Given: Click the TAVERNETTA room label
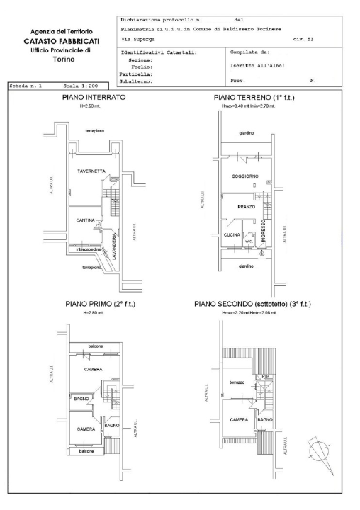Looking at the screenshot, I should point(91,171).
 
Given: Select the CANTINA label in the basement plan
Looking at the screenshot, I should point(86,220).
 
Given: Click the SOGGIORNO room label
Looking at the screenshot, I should point(243,176).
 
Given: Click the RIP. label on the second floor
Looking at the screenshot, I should point(265,376).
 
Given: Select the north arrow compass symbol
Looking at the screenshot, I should point(317,449).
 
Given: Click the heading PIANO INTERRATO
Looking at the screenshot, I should point(93,98).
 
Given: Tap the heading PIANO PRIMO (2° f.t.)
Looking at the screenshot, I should point(101,304).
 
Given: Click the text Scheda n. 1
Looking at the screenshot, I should point(26,85).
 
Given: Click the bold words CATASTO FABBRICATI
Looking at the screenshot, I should point(60,42).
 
